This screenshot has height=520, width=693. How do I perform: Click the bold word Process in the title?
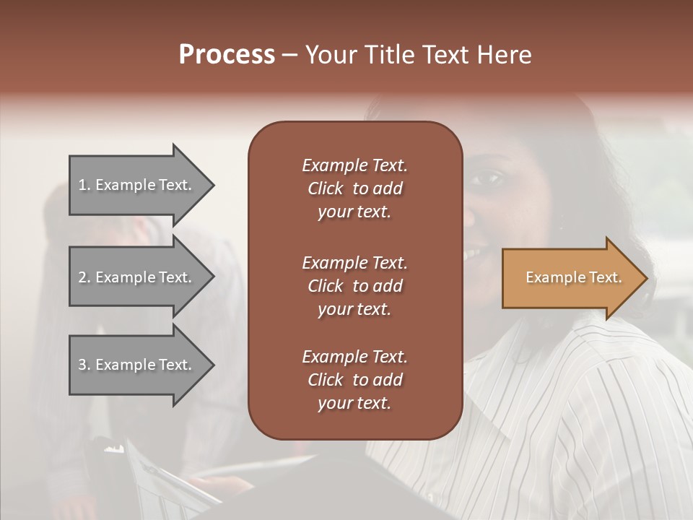(227, 55)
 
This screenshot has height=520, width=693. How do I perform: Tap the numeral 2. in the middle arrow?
(84, 277)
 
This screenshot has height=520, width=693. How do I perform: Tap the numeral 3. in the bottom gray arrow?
(84, 365)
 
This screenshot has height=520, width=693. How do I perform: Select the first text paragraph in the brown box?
(354, 188)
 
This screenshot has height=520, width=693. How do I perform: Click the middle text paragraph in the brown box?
(354, 285)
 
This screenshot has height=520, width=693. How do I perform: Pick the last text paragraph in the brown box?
(354, 380)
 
